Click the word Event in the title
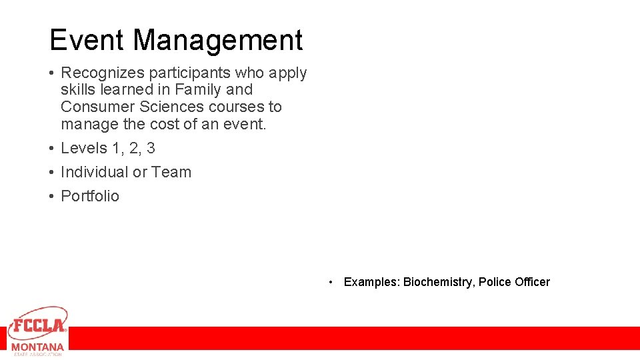[87, 40]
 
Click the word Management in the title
[218, 40]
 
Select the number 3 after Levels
[151, 148]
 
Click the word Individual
[94, 172]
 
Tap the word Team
[171, 172]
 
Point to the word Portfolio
[90, 196]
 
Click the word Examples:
[371, 282]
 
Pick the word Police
[495, 282]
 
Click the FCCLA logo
[37, 324]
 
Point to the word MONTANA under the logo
[37, 347]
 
